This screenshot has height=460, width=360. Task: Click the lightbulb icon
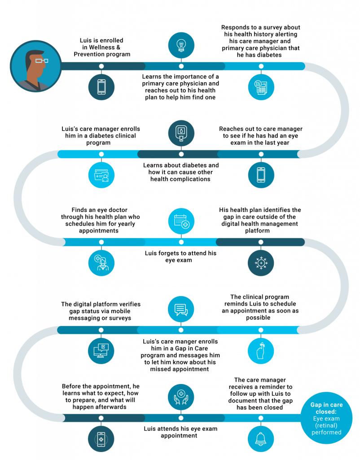[181, 45]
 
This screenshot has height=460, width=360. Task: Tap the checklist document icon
[261, 87]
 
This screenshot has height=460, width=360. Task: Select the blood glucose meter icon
[181, 133]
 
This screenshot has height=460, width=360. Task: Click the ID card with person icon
[101, 175]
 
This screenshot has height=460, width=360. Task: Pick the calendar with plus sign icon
[181, 221]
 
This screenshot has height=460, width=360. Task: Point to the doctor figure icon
[101, 263]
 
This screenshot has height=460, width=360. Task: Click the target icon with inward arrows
[261, 263]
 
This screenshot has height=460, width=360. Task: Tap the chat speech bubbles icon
[181, 310]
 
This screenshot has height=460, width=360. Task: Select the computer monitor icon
[101, 351]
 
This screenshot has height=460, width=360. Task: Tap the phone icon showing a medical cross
[101, 439]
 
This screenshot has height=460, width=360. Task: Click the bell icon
[261, 439]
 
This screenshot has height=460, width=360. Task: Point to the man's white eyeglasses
[42, 60]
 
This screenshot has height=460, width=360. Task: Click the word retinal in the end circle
[326, 425]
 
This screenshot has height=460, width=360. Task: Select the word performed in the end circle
[326, 432]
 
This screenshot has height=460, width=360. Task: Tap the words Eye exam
[326, 419]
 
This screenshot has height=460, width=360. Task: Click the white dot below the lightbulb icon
[181, 66]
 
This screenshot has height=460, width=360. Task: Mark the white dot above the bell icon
[261, 418]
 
